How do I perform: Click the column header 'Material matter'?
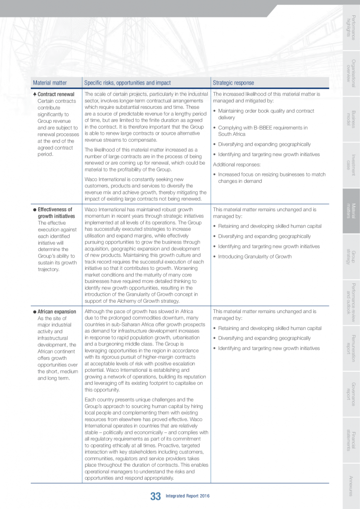pos(50,83)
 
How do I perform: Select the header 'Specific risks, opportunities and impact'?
pos(127,83)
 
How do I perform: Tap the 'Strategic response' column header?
pos(233,83)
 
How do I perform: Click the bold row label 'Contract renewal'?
pos(56,94)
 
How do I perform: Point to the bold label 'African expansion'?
pos(57,312)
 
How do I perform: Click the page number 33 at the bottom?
pos(155,496)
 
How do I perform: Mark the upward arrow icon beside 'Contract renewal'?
pos(34,94)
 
